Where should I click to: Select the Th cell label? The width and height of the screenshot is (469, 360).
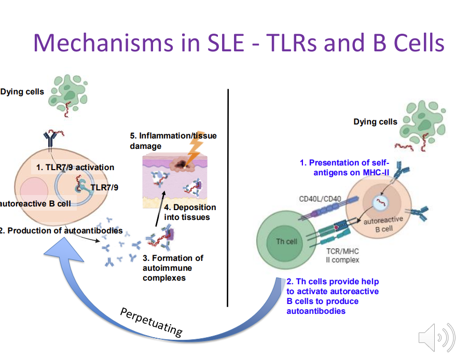point(286,242)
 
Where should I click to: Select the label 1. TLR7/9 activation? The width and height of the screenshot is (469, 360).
point(75,167)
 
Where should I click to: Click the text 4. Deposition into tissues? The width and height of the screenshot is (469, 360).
point(189,212)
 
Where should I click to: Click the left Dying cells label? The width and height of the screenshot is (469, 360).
point(22,92)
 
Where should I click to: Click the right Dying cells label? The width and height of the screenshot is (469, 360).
point(375,122)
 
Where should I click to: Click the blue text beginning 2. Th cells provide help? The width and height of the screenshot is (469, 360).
point(332,296)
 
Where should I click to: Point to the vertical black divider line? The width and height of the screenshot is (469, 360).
point(228,197)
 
